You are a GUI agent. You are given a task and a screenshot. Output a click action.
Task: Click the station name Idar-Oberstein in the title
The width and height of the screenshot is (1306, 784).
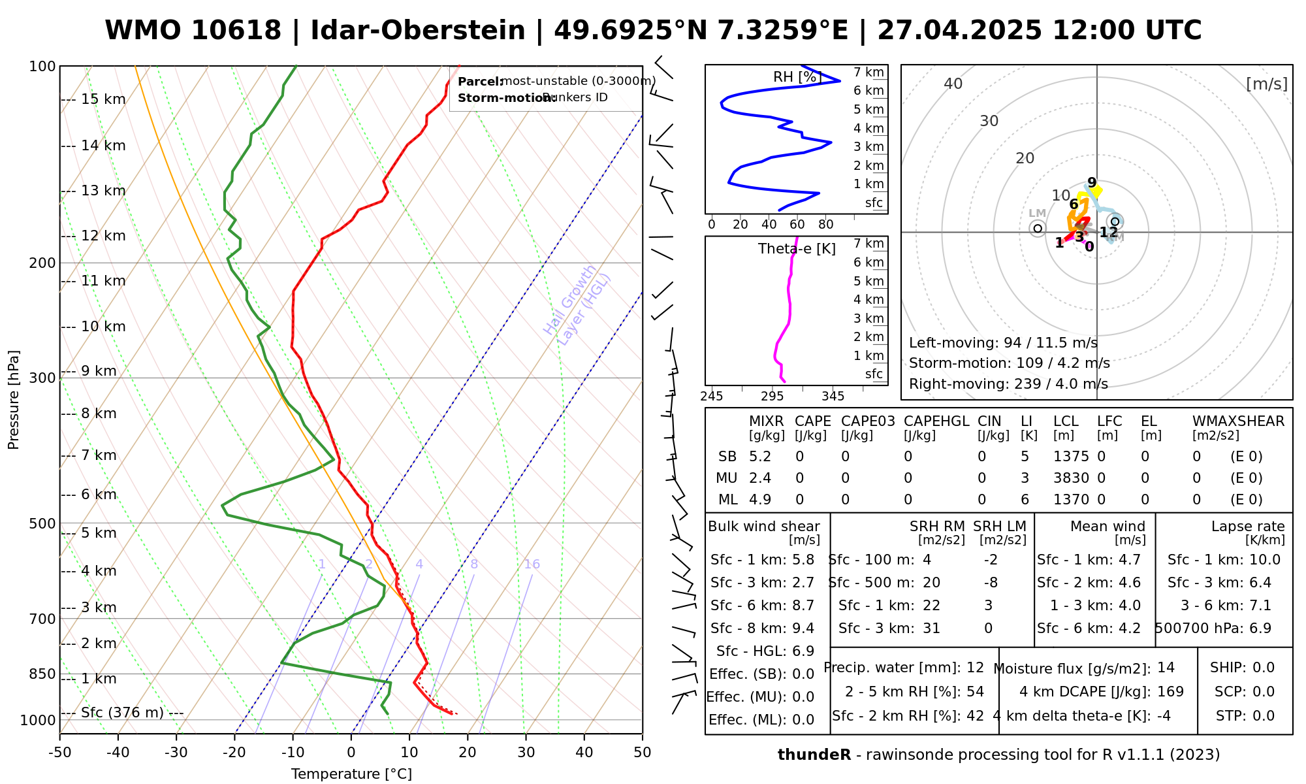pyautogui.click(x=418, y=31)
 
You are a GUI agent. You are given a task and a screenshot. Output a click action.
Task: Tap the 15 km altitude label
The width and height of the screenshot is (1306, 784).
pyautogui.click(x=103, y=99)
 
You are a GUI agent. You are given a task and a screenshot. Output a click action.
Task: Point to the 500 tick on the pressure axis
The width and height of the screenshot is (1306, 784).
pyautogui.click(x=42, y=523)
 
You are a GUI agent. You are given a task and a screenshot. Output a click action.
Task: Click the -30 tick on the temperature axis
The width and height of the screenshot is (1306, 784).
pyautogui.click(x=176, y=753)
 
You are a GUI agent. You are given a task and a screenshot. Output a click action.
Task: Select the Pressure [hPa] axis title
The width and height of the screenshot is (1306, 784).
pyautogui.click(x=14, y=400)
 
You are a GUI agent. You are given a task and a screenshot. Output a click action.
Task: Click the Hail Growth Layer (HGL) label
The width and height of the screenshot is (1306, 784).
pyautogui.click(x=577, y=304)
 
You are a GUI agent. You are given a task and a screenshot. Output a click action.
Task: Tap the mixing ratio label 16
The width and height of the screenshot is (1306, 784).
pyautogui.click(x=532, y=564)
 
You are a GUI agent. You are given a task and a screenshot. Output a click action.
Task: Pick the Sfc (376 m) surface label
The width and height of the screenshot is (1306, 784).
pyautogui.click(x=122, y=713)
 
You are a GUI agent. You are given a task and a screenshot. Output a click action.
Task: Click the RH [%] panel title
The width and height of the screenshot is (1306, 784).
pyautogui.click(x=797, y=77)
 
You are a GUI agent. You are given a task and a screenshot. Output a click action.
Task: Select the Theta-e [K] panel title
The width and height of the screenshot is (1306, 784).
pyautogui.click(x=797, y=249)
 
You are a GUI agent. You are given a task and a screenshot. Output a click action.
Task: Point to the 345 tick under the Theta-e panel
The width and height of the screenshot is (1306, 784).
pyautogui.click(x=833, y=397)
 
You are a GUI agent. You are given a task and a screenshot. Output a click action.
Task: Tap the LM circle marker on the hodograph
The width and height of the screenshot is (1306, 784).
pyautogui.click(x=1038, y=228)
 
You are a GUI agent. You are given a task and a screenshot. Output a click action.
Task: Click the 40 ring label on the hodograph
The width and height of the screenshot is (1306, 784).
pyautogui.click(x=953, y=84)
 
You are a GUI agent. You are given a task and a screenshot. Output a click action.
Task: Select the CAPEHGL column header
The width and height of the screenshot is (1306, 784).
pyautogui.click(x=936, y=421)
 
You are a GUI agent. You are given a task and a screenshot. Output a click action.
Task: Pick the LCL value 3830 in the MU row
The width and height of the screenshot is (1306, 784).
pyautogui.click(x=1071, y=478)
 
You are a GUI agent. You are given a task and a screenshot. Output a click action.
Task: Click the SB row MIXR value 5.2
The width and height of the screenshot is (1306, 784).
pyautogui.click(x=760, y=457)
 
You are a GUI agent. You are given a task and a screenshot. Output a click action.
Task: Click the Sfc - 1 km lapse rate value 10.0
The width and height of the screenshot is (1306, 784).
pyautogui.click(x=1265, y=560)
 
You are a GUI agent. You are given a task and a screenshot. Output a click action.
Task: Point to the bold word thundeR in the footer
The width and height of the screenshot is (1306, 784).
pyautogui.click(x=814, y=755)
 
